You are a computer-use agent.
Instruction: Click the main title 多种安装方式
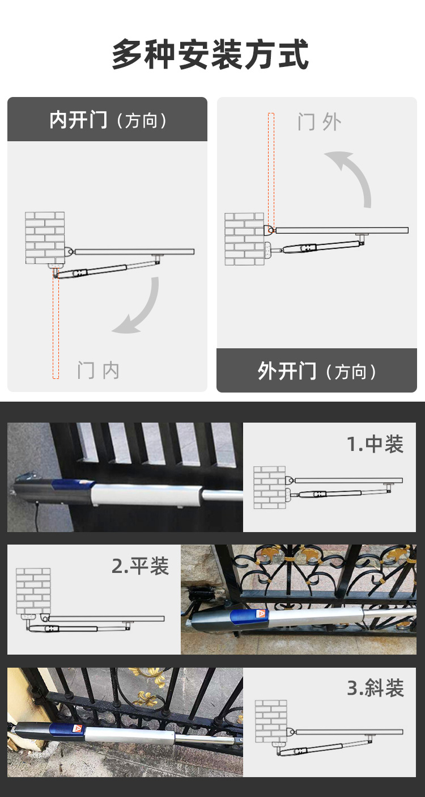point(210,55)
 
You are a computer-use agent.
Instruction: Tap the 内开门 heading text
point(78,120)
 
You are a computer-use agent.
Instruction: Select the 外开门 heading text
point(287,371)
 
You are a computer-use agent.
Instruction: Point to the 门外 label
point(320,122)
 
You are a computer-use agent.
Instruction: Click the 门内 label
point(99,370)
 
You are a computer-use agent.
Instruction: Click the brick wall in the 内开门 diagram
point(45,238)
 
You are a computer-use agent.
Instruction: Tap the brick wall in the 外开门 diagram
point(244,239)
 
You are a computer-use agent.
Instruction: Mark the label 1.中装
point(375,444)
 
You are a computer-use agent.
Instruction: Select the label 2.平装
point(140,566)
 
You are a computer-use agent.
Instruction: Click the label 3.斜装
point(375,688)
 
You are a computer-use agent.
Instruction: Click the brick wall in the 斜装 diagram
point(271,721)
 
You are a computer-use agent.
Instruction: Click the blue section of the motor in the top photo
point(73,484)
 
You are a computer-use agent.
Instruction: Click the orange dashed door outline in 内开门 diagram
point(56,324)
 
